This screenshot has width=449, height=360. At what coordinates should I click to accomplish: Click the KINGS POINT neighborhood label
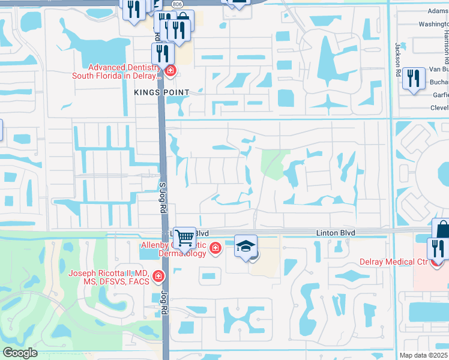161,92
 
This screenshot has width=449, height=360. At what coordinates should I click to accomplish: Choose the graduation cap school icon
246,246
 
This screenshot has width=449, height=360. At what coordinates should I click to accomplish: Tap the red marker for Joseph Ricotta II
158,276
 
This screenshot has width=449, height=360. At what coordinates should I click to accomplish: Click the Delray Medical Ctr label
393,262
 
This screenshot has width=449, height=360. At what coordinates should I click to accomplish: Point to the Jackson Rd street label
397,55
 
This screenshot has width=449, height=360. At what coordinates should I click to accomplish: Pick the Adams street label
438,10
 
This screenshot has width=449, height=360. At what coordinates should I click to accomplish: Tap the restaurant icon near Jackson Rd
414,79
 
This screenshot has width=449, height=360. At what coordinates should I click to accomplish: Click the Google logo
20,353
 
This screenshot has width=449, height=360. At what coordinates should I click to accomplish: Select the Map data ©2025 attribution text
424,355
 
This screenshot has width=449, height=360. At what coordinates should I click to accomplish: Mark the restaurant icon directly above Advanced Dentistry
163,53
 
